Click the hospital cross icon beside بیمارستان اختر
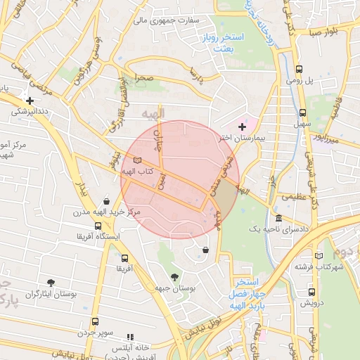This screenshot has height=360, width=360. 243,127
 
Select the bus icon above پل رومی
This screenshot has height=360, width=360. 300,69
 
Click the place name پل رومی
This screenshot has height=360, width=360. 299,81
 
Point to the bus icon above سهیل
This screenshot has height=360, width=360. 303,112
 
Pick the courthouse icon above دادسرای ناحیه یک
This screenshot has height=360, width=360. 279,218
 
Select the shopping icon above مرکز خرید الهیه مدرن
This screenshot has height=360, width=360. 106,200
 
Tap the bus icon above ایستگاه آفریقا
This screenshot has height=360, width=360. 98,226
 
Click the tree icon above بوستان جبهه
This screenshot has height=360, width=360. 174,276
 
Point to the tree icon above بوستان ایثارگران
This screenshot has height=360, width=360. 50,283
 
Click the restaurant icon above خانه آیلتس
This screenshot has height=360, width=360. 129,337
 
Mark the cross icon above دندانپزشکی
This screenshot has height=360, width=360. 29,101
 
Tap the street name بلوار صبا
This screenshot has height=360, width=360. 325,32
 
